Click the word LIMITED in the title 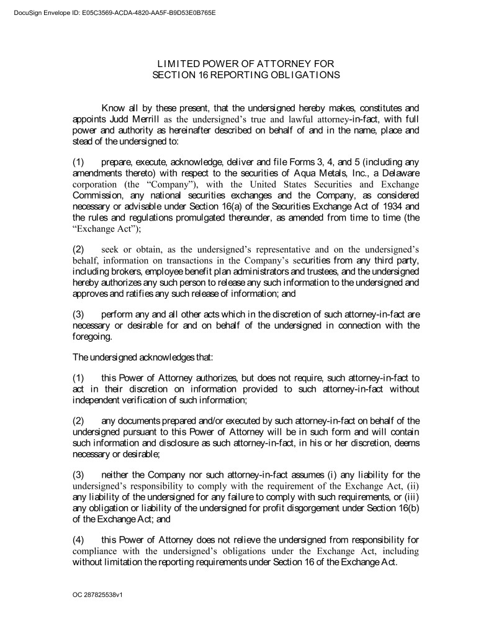click(177, 64)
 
